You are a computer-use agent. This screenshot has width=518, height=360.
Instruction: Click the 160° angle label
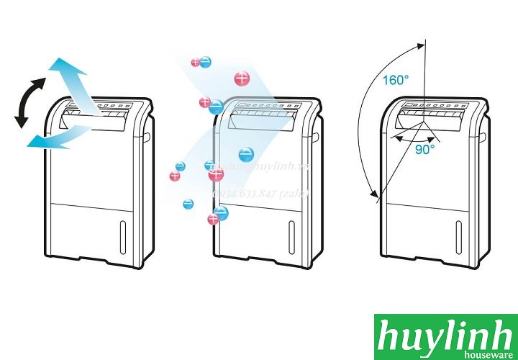[x=397, y=80]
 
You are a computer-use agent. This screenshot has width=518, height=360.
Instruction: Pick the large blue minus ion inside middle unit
[x=245, y=154]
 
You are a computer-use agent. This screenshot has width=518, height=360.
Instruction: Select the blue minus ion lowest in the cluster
[x=221, y=212]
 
